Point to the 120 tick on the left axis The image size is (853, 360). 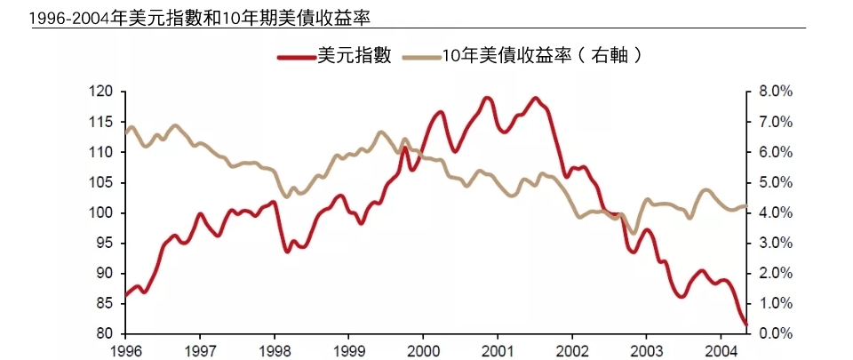pyautogui.click(x=103, y=92)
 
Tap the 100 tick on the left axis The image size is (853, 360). pyautogui.click(x=103, y=213)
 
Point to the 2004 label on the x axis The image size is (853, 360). pyautogui.click(x=722, y=349)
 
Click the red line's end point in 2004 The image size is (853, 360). pyautogui.click(x=746, y=325)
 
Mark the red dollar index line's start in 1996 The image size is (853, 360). pyautogui.click(x=125, y=295)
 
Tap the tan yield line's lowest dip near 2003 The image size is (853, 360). pyautogui.click(x=633, y=233)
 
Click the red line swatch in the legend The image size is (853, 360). pyautogui.click(x=296, y=56)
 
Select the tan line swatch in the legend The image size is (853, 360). pyautogui.click(x=420, y=56)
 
